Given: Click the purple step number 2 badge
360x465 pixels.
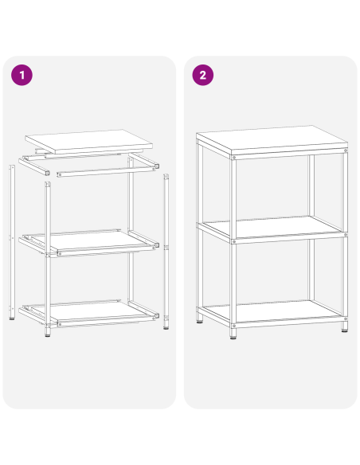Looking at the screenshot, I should pos(202,76).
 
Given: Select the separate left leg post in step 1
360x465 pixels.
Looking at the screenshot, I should pos(12,239).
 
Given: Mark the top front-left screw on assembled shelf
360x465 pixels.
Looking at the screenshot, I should pos(234,158).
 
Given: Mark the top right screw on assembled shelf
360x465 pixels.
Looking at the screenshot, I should pos(344,150).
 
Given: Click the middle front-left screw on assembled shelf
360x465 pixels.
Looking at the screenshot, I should pos(234,238).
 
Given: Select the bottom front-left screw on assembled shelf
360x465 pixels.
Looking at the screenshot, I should pos(234,326).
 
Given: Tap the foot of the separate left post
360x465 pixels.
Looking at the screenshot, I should pos(12,318).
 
